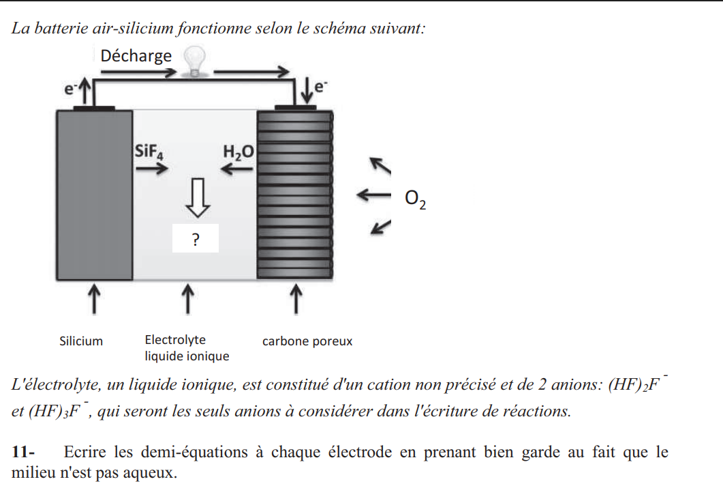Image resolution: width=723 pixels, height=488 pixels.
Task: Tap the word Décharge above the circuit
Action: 136,55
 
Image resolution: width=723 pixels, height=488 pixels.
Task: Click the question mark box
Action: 196,239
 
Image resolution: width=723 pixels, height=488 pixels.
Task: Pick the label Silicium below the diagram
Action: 81,341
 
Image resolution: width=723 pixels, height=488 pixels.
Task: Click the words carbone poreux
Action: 307,341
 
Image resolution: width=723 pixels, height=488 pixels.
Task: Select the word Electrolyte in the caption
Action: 175,340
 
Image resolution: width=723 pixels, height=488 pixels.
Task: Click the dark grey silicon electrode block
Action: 94,195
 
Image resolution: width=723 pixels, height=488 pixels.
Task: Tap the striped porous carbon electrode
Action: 294,195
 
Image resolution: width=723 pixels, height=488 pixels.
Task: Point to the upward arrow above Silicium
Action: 94,298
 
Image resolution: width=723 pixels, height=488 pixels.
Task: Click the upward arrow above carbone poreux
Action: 296,298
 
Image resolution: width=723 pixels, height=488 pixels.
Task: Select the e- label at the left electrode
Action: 70,87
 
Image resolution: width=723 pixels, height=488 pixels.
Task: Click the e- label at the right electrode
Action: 321,85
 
